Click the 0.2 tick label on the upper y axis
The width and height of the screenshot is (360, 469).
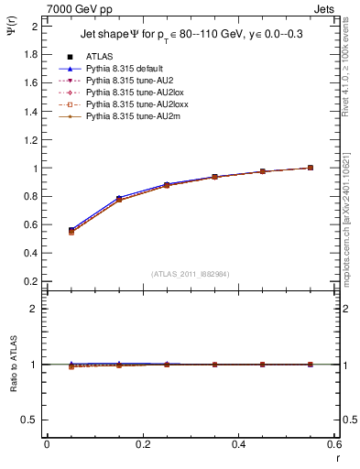click(32, 280)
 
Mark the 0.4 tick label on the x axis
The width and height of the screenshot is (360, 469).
click(239, 444)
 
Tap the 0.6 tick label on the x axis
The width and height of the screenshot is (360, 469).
click(334, 444)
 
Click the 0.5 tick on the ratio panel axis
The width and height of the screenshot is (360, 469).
click(32, 420)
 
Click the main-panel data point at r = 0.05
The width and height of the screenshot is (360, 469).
click(71, 230)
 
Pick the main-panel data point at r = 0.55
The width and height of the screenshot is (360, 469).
click(311, 168)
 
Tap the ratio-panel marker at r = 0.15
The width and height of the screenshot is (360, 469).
click(119, 365)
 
